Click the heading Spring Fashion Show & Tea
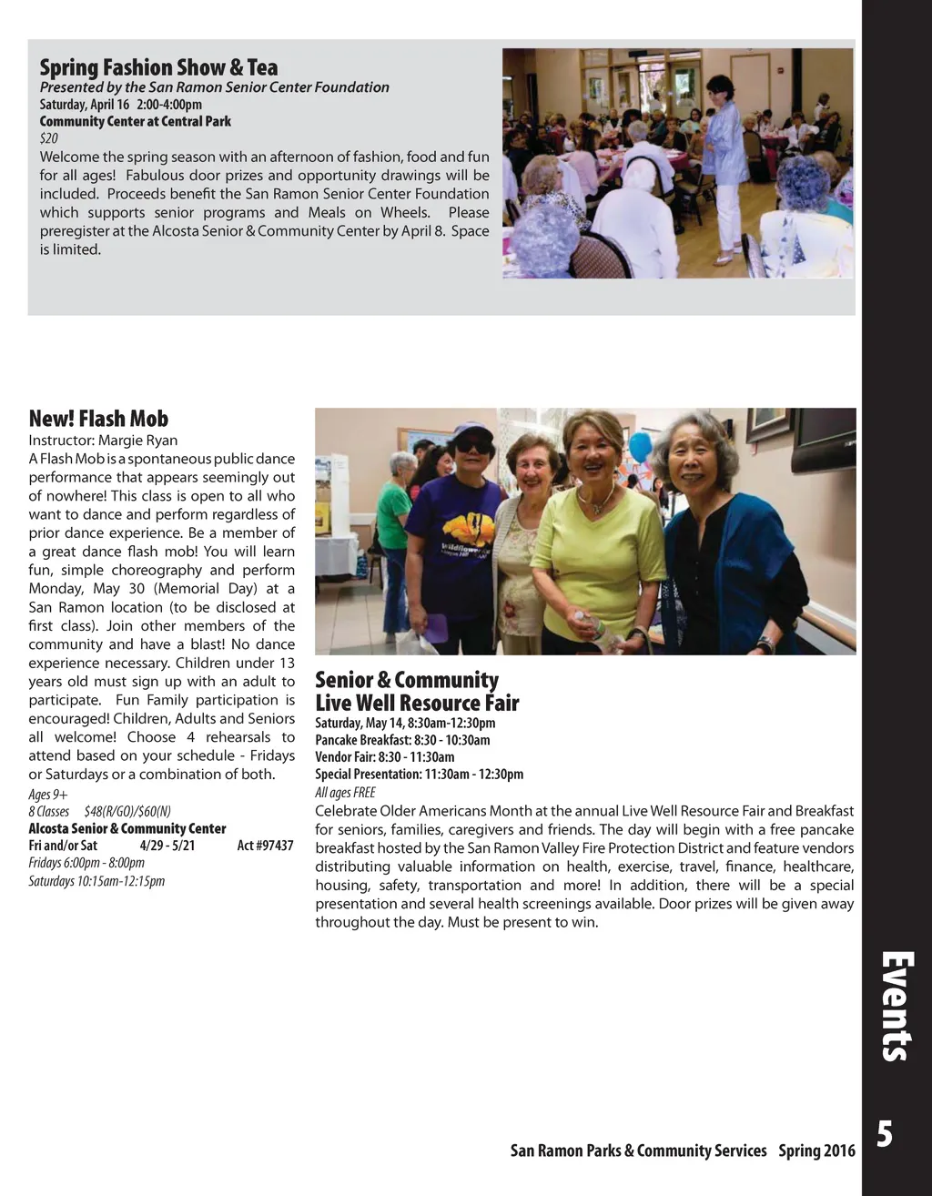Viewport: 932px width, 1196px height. click(x=158, y=67)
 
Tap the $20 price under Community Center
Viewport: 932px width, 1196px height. click(x=48, y=139)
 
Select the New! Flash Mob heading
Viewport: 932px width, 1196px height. click(x=98, y=419)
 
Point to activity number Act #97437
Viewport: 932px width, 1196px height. click(x=265, y=846)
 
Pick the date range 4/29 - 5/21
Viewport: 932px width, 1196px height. click(x=167, y=846)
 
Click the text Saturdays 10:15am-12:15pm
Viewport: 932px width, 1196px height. click(x=96, y=881)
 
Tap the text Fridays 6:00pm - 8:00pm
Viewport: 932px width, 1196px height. click(x=86, y=863)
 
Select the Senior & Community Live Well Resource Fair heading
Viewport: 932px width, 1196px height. click(x=416, y=692)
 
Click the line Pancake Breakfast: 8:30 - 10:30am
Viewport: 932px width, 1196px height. click(x=402, y=740)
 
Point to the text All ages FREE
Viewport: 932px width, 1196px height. click(x=345, y=793)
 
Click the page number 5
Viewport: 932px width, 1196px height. click(x=884, y=1136)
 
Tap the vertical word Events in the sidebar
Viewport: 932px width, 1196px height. click(x=897, y=1006)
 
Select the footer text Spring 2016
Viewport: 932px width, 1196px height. click(x=816, y=1150)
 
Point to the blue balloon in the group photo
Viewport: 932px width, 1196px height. click(x=641, y=448)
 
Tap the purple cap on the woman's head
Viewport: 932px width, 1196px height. click(x=472, y=430)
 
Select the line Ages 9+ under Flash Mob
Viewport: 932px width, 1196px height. click(x=48, y=794)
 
